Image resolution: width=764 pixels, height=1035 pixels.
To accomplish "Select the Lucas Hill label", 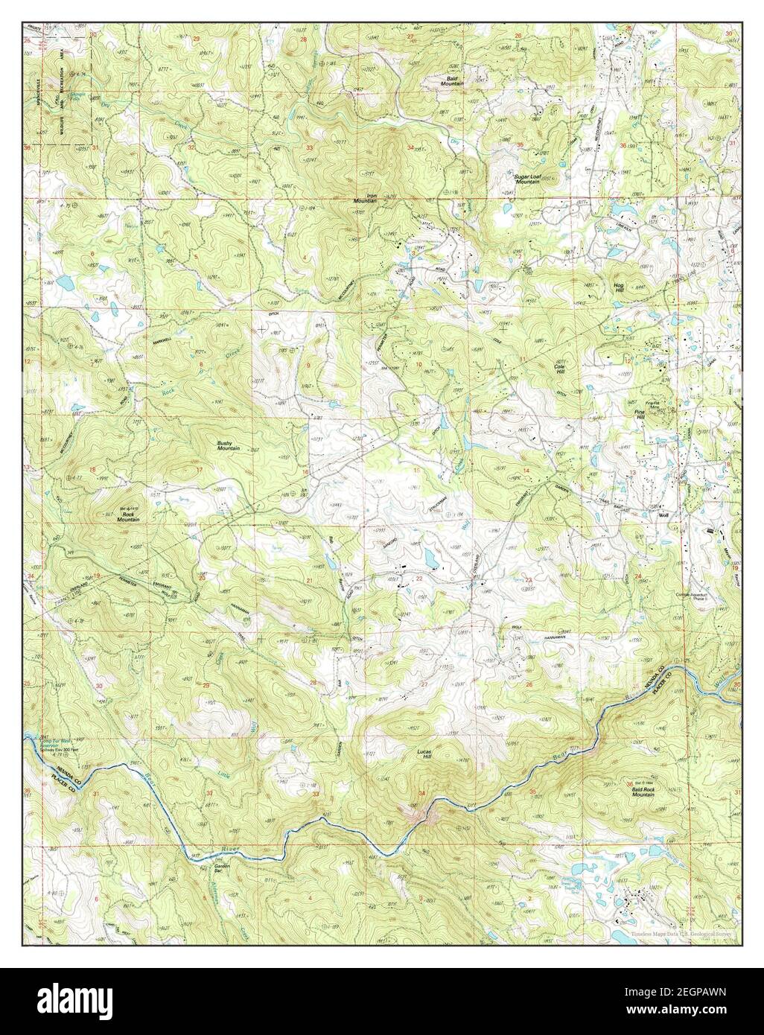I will pyautogui.click(x=423, y=754).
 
